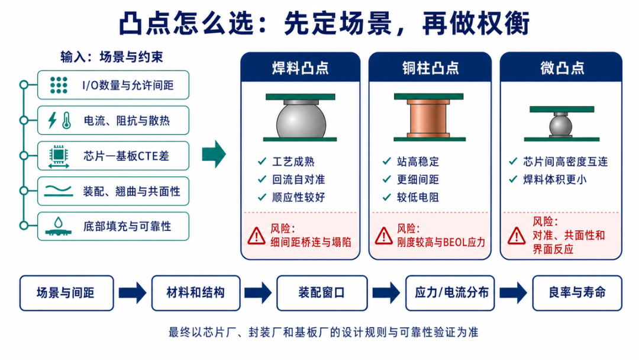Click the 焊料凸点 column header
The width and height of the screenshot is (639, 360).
301,68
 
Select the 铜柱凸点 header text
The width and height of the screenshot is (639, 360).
430,68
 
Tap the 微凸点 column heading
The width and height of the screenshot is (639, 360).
562,68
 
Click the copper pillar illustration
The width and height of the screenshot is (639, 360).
429,118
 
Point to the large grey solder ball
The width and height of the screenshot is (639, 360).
301,121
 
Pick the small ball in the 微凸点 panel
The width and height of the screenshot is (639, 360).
561,126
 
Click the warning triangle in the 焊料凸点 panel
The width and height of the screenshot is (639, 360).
256,236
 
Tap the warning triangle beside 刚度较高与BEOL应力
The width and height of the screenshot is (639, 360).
383,236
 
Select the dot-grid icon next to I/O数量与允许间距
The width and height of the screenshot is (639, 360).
59,85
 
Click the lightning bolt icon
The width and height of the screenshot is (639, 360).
52,120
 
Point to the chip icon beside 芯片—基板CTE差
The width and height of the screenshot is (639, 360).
58,156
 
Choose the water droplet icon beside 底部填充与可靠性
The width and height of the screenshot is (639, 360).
59,222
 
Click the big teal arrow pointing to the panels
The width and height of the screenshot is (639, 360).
214,154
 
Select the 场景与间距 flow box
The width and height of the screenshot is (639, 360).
66,292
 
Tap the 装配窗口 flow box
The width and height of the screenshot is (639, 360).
322,292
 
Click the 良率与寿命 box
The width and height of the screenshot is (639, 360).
577,292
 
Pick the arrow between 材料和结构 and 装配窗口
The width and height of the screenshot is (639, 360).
258,292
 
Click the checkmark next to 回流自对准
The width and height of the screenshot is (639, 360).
262,179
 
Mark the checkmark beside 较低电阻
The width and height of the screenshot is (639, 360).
387,197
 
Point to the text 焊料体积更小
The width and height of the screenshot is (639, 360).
554,179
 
